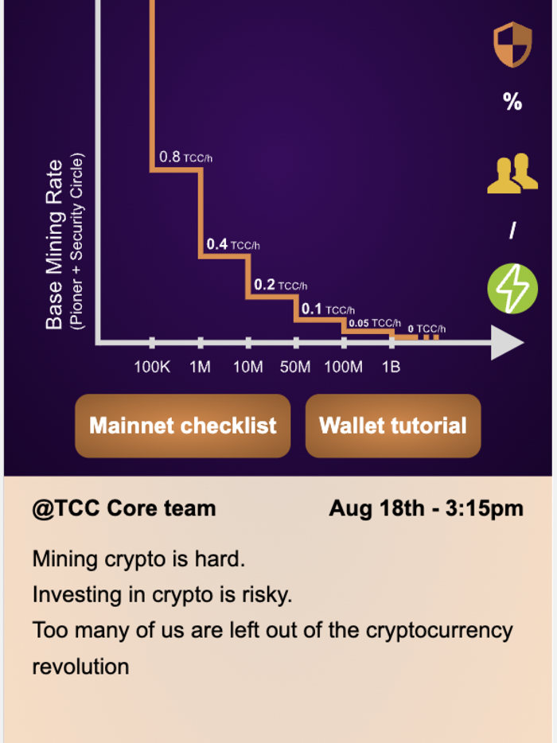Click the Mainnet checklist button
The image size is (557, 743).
pos(182,426)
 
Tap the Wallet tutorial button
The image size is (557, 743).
pos(393,426)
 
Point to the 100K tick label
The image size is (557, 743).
pos(151,367)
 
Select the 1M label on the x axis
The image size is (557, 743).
pos(200,367)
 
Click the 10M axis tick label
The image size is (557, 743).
pos(247,367)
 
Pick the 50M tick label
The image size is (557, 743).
pos(295,367)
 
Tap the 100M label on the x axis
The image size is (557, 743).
pos(344,367)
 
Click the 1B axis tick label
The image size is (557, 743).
pos(391,367)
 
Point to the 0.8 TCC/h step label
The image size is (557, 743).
pos(185,158)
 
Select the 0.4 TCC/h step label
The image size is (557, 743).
pos(232,245)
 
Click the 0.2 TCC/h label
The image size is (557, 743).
pos(280,285)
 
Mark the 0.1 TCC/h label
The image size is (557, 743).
pos(328,309)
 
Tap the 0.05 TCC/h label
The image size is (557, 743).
pos(374,323)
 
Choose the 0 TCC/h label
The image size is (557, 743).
pos(427,329)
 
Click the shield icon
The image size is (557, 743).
pos(512,45)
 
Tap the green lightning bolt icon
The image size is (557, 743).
pos(512,289)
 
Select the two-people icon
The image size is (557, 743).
pos(512,173)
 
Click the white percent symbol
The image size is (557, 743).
pos(512,101)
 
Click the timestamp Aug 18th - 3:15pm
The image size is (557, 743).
pos(426,508)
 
